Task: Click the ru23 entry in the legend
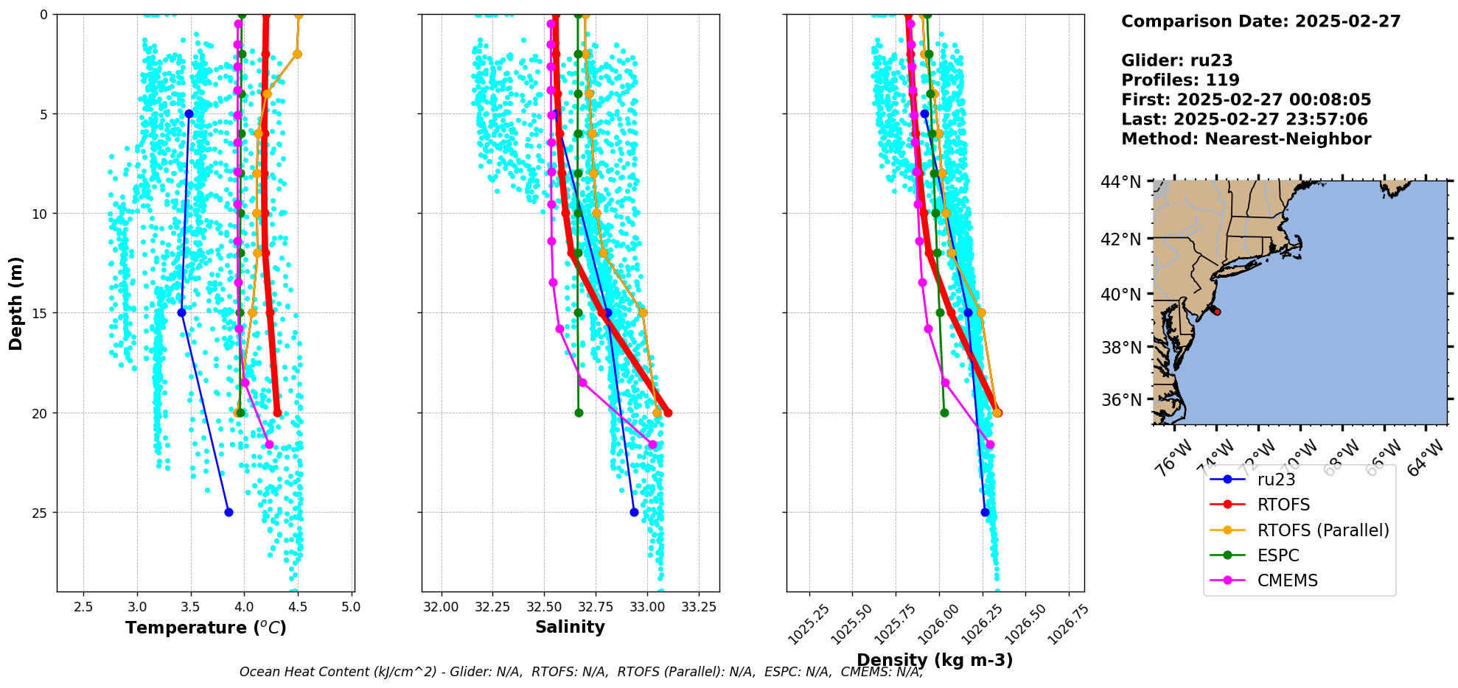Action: pos(1276,480)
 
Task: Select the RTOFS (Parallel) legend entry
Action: pos(1322,530)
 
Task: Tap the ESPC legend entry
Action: pos(1277,555)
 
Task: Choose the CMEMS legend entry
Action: pos(1287,580)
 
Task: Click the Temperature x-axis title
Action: pos(206,628)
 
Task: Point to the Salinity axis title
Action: pos(570,628)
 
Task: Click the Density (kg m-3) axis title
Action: pos(935,660)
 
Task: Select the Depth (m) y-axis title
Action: pos(16,303)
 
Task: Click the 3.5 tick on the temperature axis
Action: pos(191,607)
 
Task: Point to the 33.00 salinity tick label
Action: pos(647,607)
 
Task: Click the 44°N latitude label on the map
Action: pos(1120,181)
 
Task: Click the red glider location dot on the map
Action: pos(1217,312)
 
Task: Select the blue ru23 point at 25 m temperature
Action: pos(229,512)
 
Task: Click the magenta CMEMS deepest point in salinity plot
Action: pos(652,444)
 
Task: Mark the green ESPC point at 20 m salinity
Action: pos(579,413)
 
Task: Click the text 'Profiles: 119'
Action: pos(1180,80)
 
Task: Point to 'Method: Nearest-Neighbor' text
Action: pos(1246,139)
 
